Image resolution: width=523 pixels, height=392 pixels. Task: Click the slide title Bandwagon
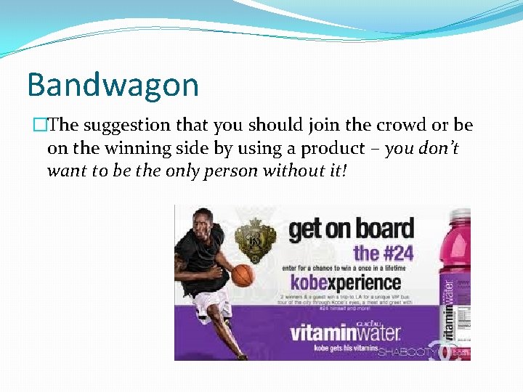click(x=113, y=85)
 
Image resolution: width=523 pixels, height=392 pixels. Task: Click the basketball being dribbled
click(x=243, y=274)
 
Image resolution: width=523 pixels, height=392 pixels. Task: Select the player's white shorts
click(x=211, y=305)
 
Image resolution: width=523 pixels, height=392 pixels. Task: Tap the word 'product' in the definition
click(x=335, y=148)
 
